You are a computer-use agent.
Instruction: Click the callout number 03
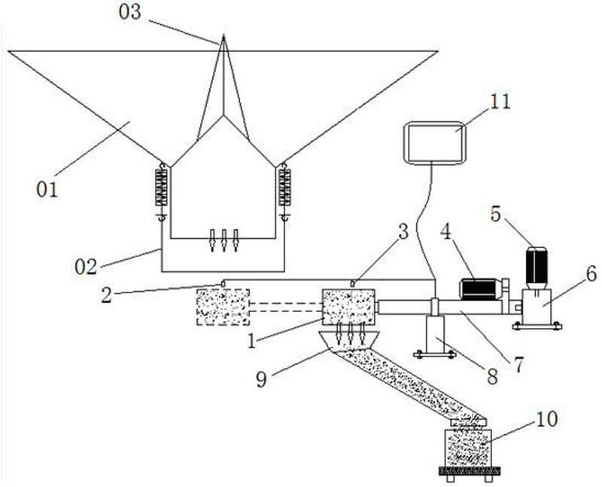(x=130, y=12)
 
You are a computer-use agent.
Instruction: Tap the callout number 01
(x=47, y=190)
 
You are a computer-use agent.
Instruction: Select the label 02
(x=86, y=267)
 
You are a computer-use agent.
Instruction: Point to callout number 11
(x=500, y=102)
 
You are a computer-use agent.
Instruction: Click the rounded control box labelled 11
(x=434, y=143)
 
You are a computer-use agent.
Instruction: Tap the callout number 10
(x=547, y=419)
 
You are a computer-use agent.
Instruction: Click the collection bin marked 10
(x=468, y=448)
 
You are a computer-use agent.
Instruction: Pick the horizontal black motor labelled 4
(x=480, y=289)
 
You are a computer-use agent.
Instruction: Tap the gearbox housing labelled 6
(x=537, y=307)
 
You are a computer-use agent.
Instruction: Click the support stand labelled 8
(x=436, y=334)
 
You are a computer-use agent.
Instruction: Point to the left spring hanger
(x=161, y=191)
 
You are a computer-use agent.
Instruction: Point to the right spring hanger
(x=284, y=191)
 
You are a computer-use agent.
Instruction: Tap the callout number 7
(x=518, y=365)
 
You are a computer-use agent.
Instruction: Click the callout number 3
(x=403, y=231)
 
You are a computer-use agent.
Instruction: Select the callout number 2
(x=106, y=296)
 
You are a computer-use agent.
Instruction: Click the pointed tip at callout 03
(x=223, y=35)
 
